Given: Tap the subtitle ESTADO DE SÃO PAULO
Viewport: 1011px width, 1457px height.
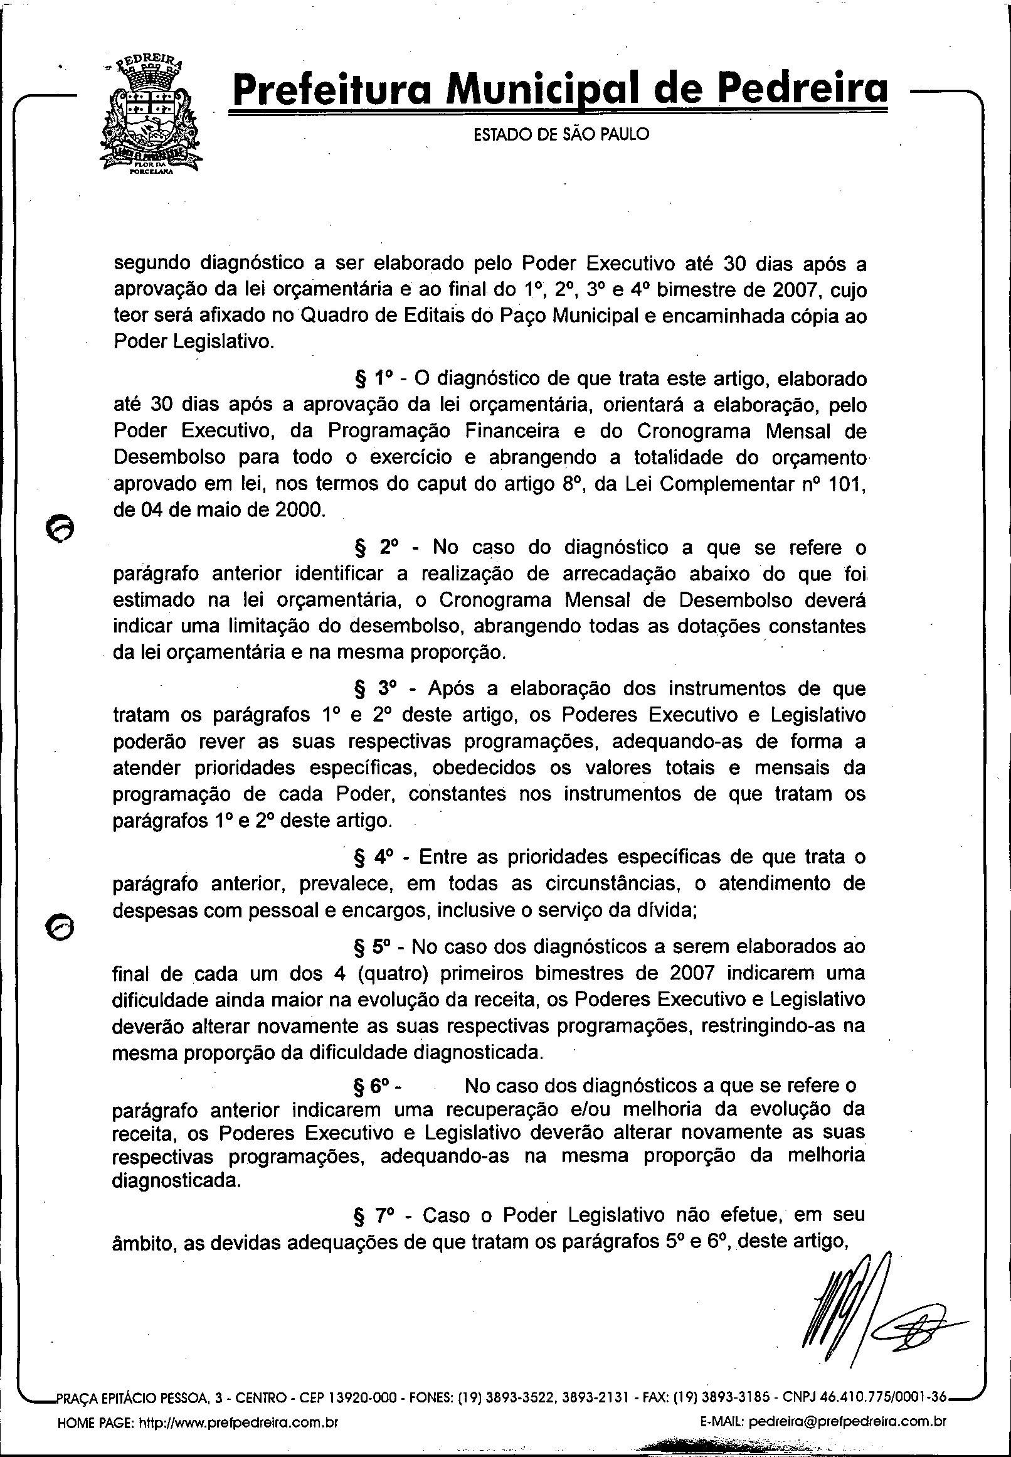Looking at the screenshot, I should [561, 135].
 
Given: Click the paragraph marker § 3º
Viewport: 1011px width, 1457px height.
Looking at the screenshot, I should [374, 688].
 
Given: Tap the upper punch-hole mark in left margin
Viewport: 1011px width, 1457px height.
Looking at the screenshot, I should [60, 526].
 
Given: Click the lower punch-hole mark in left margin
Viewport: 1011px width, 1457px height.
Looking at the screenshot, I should [60, 927].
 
